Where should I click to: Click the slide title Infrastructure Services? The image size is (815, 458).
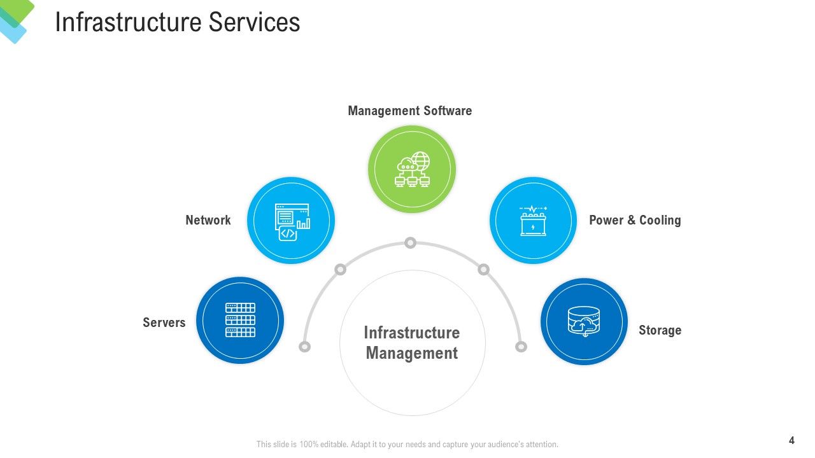178,22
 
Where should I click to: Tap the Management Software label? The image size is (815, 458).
409,111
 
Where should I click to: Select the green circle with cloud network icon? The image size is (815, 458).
412,169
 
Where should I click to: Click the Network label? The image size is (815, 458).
208,220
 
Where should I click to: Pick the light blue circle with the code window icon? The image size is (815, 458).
291,220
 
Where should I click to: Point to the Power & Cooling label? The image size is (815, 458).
635,220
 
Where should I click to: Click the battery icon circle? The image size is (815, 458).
533,220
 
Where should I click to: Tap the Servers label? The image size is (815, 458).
164,323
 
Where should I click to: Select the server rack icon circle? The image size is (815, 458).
240,320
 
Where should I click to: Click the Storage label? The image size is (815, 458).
660,330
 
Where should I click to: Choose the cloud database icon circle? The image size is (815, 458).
584,321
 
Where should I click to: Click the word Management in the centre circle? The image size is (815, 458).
412,353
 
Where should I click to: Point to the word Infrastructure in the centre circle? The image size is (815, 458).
412,333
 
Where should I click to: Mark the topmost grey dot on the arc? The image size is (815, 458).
411,243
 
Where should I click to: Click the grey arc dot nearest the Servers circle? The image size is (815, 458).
304,347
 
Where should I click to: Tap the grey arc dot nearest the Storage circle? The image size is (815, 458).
521,347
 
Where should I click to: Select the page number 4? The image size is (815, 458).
791,441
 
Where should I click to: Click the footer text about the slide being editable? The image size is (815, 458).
407,444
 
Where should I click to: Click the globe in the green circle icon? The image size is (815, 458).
422,161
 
